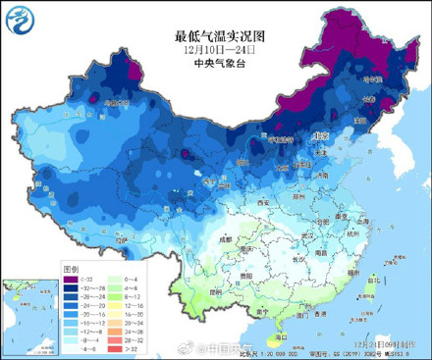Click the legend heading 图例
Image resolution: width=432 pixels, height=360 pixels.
click(x=71, y=267)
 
